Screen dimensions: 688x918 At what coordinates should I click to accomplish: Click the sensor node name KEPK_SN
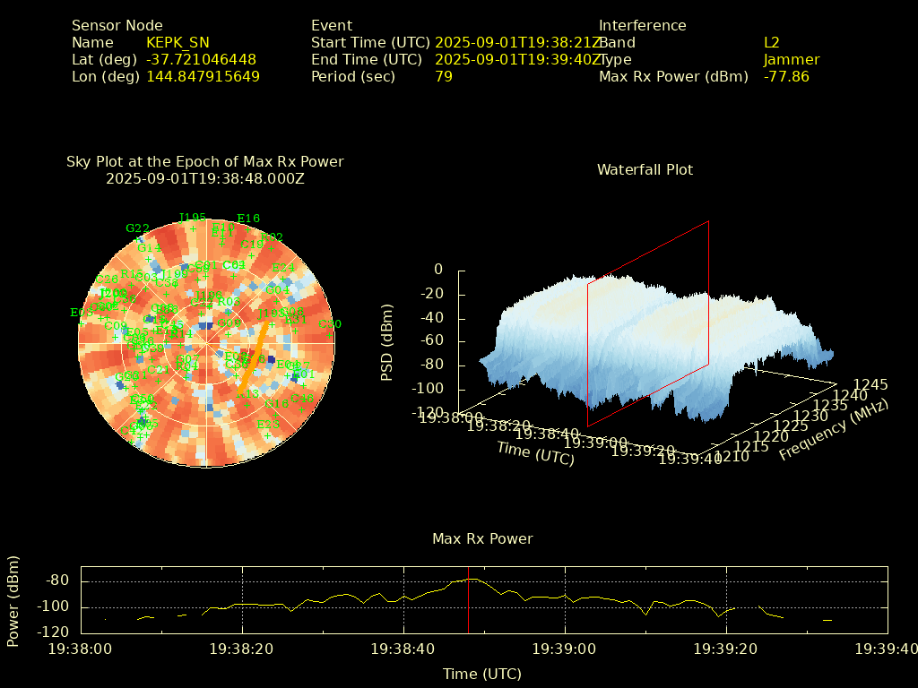tap(178, 43)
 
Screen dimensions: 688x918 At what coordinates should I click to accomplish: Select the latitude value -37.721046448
tap(201, 60)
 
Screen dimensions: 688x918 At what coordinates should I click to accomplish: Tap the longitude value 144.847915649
tap(203, 77)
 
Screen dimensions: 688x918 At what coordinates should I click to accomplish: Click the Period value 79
tap(443, 77)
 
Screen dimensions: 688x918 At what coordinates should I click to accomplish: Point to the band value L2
tap(771, 43)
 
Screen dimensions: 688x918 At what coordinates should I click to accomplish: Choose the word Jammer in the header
tap(792, 60)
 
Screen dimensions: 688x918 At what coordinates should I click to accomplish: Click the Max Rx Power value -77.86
tap(786, 77)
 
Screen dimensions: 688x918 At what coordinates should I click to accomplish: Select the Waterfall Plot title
tap(645, 170)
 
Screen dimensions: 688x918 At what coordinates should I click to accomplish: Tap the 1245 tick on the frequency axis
tap(870, 385)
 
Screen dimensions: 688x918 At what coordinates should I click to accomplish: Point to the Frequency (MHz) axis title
tap(833, 430)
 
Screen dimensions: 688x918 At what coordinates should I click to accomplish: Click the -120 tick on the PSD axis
tap(429, 413)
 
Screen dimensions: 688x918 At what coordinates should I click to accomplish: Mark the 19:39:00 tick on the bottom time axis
tap(565, 648)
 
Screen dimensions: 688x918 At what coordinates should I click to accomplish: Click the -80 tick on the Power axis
tap(57, 580)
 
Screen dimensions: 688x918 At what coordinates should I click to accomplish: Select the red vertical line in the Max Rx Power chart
tap(468, 600)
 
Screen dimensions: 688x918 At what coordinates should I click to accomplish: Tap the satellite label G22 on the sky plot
tap(137, 228)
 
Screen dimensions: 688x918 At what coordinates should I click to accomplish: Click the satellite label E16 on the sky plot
tap(248, 219)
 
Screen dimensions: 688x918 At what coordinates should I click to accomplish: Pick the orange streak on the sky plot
tap(251, 358)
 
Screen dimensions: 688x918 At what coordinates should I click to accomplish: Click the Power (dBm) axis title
tap(13, 600)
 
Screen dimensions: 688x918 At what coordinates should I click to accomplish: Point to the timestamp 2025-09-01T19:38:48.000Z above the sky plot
tap(205, 178)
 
